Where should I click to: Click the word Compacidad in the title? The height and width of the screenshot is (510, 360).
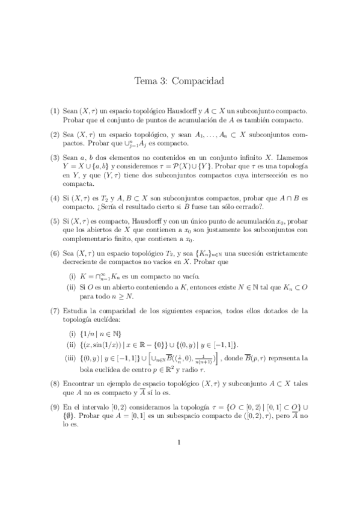[198, 81]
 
